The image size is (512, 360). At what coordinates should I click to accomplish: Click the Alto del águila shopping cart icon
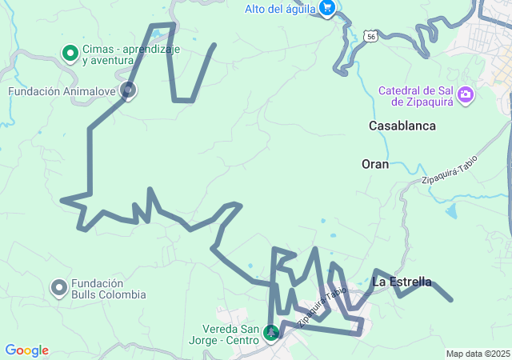click(326, 8)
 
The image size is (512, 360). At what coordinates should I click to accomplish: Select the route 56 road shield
click(369, 36)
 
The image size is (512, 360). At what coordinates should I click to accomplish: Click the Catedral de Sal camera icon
click(466, 97)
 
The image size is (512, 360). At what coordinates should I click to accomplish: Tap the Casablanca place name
click(402, 126)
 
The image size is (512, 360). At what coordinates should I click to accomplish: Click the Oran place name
click(374, 164)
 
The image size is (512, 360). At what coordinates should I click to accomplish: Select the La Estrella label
click(402, 282)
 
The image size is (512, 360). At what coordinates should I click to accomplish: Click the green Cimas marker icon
click(70, 54)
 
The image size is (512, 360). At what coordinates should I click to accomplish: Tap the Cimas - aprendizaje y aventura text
click(130, 54)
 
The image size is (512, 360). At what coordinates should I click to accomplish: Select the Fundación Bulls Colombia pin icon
click(58, 287)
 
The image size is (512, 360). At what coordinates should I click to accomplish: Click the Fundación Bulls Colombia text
click(108, 288)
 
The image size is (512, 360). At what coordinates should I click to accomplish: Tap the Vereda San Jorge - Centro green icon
click(271, 331)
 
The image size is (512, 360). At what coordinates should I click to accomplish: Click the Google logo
click(27, 350)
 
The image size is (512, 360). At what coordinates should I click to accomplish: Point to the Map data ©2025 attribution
click(478, 354)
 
